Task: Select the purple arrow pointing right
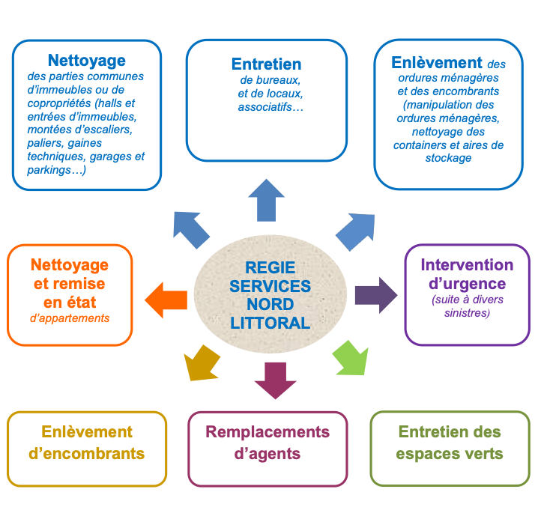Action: tap(375, 294)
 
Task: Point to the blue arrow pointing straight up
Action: tap(266, 199)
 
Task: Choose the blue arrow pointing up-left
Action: tap(192, 229)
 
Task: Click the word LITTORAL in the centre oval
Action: tap(270, 324)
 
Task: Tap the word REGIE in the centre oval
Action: tap(270, 267)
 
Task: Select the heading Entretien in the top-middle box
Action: tap(266, 64)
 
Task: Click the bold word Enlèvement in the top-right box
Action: tap(437, 63)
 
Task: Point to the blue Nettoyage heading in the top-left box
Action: tap(87, 60)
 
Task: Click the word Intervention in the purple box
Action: tap(467, 265)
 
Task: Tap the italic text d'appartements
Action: tap(70, 318)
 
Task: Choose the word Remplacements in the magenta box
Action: tap(267, 432)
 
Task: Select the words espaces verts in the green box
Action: tap(450, 454)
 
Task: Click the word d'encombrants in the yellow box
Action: tap(86, 454)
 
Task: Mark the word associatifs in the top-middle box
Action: tap(263, 107)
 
